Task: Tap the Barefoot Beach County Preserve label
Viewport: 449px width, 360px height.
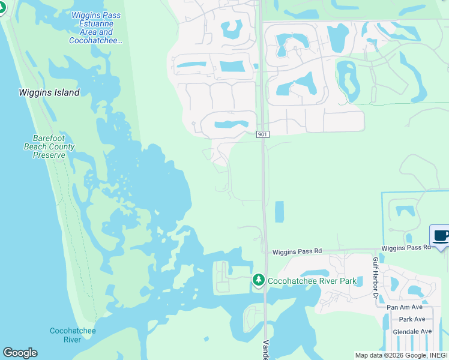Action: pos(49,146)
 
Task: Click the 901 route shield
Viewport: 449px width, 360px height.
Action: pos(262,134)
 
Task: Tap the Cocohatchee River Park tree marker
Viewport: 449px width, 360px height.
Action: pos(259,280)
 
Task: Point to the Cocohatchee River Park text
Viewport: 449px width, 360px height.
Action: pos(312,281)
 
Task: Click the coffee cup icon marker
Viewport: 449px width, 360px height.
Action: pos(441,235)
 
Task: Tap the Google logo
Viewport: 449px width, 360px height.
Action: pos(20,353)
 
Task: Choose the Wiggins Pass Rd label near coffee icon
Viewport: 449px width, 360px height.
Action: pos(406,247)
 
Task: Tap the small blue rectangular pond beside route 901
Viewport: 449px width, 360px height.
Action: pos(279,212)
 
